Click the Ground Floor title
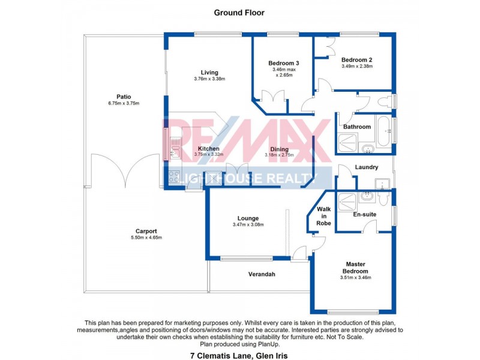coord(239,12)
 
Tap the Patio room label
coord(124,97)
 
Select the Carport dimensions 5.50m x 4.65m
coord(146,238)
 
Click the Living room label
coord(209,73)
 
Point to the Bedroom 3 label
coord(283,63)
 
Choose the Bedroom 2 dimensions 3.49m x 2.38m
coord(358,66)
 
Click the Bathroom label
coord(358,127)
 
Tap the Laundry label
coord(366,167)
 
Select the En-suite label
coord(364,214)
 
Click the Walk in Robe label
coord(324,216)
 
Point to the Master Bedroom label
coord(356,268)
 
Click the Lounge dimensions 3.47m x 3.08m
coord(248,225)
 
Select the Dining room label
coord(279,149)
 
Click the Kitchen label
coord(208,148)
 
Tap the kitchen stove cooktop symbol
coord(173,177)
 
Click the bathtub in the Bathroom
coord(385,130)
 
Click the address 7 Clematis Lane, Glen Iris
coord(239,355)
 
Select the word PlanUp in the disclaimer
coord(268,344)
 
